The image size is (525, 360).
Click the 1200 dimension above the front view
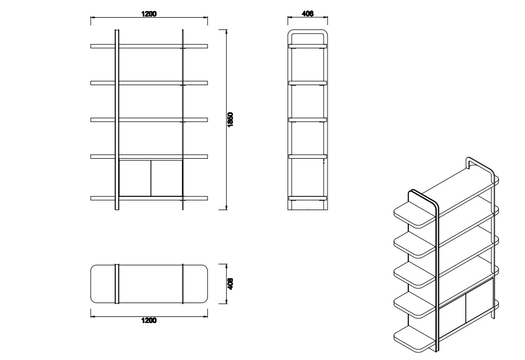(x=148, y=14)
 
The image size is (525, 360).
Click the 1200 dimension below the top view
(x=149, y=321)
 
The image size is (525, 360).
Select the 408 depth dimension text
(x=231, y=284)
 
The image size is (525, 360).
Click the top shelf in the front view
(x=149, y=46)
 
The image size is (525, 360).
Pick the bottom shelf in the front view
(x=149, y=197)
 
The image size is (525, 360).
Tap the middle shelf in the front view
(x=149, y=119)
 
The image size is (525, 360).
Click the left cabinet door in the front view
(x=135, y=178)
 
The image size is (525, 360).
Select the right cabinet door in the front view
(x=167, y=178)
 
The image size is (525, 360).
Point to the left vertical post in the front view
(x=116, y=119)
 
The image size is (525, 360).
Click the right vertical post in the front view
(x=183, y=119)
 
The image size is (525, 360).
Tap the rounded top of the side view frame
(x=308, y=30)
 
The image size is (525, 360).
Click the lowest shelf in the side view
(x=308, y=198)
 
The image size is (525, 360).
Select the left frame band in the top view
(x=116, y=284)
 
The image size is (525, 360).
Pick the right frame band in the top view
(x=183, y=284)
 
